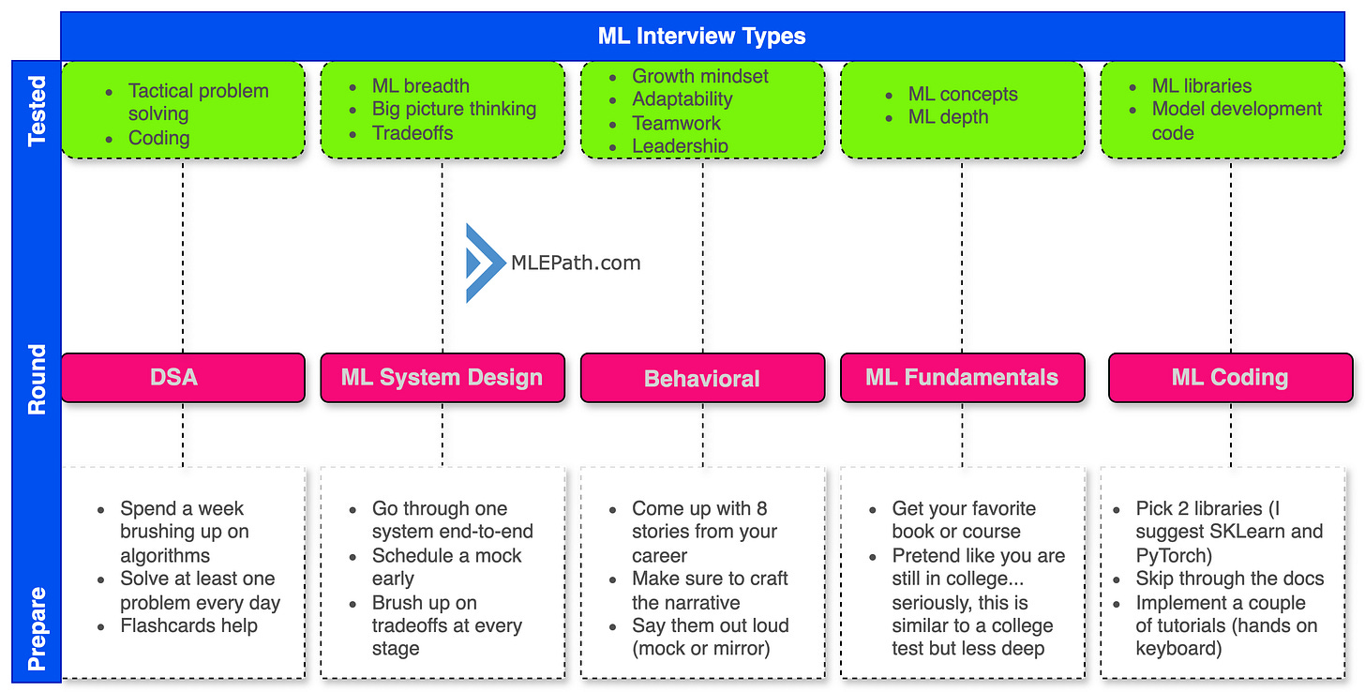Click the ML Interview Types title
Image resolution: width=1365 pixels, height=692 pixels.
[701, 36]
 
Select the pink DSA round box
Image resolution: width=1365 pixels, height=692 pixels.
[183, 377]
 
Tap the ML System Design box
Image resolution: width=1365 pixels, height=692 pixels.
[442, 377]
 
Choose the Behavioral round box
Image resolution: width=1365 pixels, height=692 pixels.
[702, 377]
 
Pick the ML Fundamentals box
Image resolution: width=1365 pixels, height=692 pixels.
[962, 377]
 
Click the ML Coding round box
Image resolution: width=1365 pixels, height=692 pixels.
[1230, 377]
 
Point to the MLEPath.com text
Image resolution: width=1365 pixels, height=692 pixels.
[576, 263]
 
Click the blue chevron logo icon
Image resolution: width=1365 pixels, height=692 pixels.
[485, 263]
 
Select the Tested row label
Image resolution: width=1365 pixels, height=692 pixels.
[37, 111]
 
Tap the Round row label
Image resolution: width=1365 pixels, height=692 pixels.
[37, 379]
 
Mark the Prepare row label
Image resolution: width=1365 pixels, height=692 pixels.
[37, 628]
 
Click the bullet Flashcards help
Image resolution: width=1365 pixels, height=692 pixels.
[189, 625]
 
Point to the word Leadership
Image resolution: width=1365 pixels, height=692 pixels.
[680, 145]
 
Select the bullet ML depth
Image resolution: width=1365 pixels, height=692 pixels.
[948, 116]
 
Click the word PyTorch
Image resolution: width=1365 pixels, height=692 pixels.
[1171, 555]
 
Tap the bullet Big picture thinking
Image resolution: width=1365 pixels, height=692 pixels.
[454, 109]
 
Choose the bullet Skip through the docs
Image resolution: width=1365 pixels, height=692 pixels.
[1230, 578]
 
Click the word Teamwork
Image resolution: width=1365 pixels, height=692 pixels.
[677, 123]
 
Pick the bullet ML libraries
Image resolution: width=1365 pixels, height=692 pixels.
[1202, 86]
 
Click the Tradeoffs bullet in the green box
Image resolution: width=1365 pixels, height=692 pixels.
[412, 133]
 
